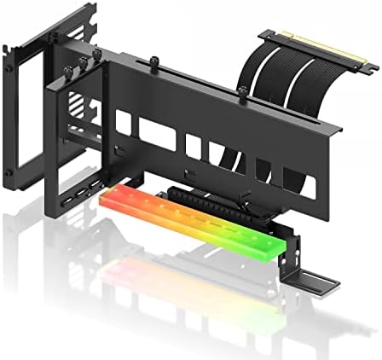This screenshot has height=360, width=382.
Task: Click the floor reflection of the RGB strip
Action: point(171,282)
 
